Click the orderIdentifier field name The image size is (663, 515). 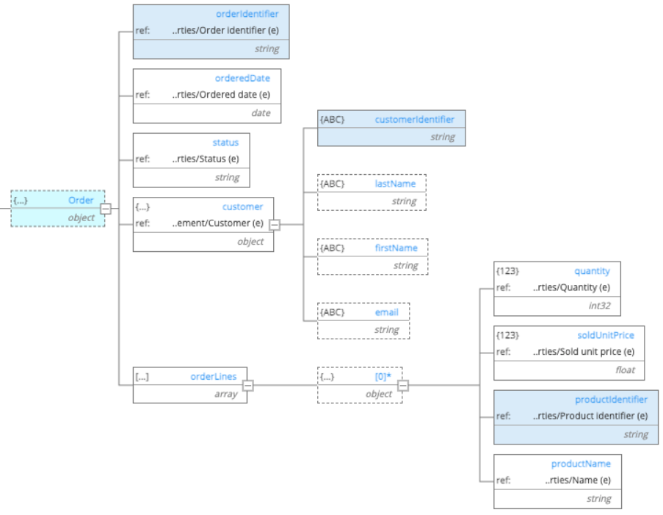(247, 14)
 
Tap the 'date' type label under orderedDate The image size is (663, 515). (261, 113)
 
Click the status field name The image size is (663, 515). (225, 142)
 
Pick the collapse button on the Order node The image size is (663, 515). (106, 209)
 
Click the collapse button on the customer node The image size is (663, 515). (275, 224)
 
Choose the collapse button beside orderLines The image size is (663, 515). (248, 384)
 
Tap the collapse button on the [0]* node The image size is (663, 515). (403, 384)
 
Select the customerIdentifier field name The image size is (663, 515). (414, 119)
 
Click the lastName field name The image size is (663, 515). (395, 184)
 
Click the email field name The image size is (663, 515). (386, 312)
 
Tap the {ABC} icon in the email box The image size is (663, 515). (333, 312)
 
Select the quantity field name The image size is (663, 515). (592, 271)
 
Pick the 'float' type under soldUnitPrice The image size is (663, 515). (626, 370)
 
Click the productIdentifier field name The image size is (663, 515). (611, 400)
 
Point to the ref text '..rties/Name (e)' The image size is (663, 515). (577, 480)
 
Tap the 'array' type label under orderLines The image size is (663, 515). (225, 395)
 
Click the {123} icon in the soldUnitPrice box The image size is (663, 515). (508, 335)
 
